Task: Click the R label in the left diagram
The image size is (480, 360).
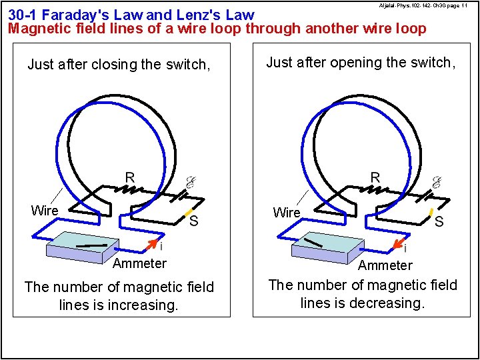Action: [x=130, y=177]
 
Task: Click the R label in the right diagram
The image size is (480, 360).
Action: [x=375, y=177]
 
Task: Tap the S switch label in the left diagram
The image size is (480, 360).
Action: [x=193, y=221]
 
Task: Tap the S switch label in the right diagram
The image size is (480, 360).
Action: [x=439, y=221]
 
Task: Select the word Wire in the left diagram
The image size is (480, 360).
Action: [x=45, y=211]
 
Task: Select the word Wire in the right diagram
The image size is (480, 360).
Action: [x=287, y=213]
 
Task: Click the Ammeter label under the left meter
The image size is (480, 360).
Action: [x=139, y=263]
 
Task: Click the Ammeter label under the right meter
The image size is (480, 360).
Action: [x=385, y=265]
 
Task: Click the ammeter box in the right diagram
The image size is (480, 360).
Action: [x=327, y=247]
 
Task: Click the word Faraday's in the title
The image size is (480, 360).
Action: [x=75, y=15]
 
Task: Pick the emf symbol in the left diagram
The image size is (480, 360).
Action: [x=189, y=182]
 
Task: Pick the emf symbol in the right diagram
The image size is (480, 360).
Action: [x=436, y=182]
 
